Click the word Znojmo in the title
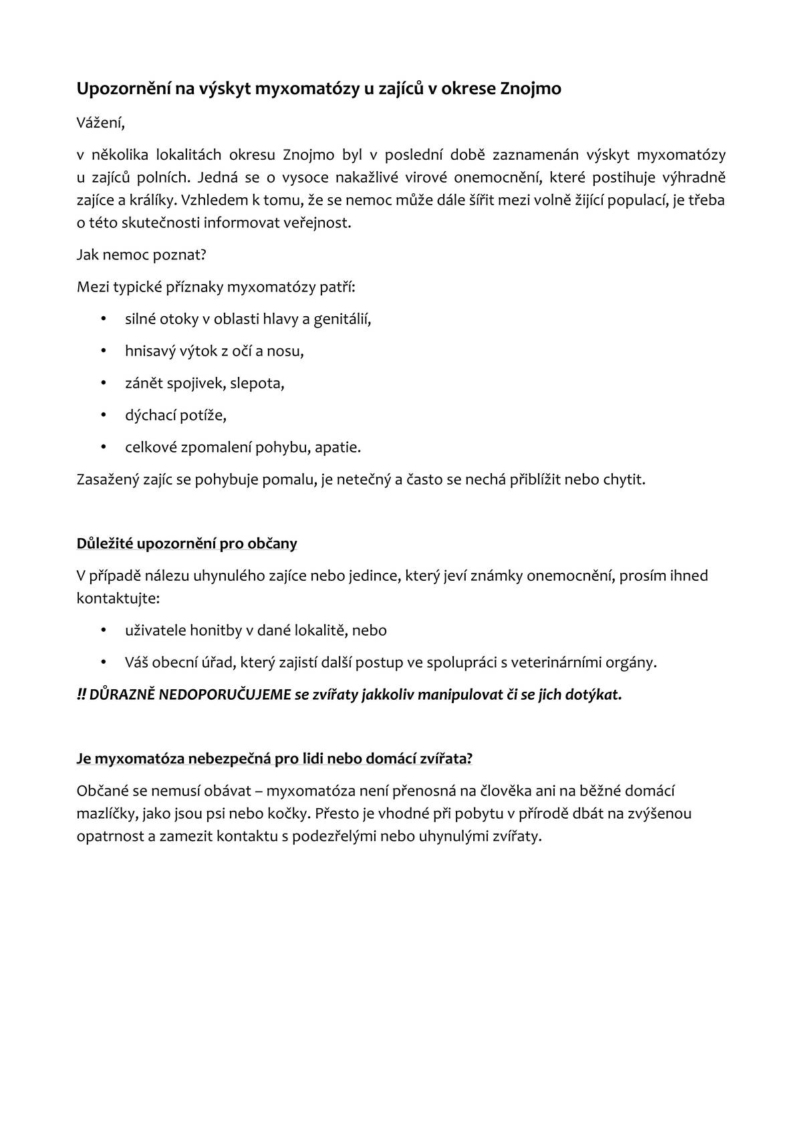pos(531,89)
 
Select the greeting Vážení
pos(100,124)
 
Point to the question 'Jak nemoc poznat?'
pos(142,255)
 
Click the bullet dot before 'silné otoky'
pos(103,319)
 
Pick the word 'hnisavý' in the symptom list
pos(148,352)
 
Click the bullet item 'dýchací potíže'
pos(176,416)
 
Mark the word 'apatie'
pos(337,448)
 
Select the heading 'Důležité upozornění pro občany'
pos(187,543)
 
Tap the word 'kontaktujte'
pos(118,598)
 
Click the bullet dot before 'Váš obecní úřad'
pos(103,662)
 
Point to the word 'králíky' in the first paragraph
pos(151,201)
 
